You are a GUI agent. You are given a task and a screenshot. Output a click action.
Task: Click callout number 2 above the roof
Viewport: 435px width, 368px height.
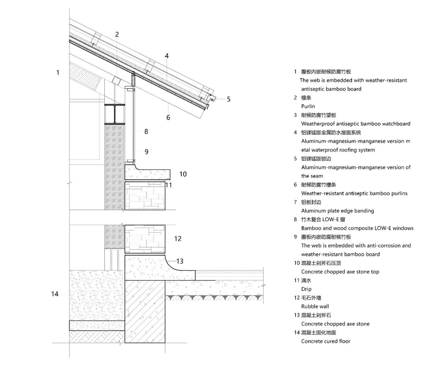117,34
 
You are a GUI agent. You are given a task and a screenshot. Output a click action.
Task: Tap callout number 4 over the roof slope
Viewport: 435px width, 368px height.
166,56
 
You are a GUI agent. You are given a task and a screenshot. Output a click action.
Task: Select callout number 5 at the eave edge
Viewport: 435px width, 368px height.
228,99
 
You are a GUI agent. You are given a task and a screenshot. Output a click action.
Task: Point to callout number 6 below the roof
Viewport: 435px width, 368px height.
168,118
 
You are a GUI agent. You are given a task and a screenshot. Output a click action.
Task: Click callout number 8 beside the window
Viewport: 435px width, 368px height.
146,131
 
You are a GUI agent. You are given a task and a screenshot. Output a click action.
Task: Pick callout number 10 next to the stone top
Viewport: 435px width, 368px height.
183,174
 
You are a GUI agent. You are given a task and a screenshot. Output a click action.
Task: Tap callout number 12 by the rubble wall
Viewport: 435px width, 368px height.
178,239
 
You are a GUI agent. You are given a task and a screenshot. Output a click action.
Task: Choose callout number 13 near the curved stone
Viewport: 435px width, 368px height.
180,261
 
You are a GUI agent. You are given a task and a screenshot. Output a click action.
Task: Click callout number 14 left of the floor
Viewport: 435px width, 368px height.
55,294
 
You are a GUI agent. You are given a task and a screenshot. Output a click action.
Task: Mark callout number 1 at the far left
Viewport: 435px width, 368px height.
58,72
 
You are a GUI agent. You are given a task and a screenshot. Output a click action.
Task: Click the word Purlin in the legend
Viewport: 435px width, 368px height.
308,106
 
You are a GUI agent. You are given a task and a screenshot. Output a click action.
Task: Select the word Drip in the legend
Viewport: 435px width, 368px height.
306,289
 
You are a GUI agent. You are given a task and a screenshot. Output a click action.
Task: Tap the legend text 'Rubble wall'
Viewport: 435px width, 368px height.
315,306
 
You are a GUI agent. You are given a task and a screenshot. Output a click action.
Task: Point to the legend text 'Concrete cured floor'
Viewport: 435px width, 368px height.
325,341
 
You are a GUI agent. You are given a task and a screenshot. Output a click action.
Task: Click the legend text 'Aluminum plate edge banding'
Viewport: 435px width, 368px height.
338,211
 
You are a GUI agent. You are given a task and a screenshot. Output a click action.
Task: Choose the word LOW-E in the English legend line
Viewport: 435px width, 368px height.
382,228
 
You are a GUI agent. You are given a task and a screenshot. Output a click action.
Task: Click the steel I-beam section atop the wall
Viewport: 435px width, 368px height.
114,114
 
